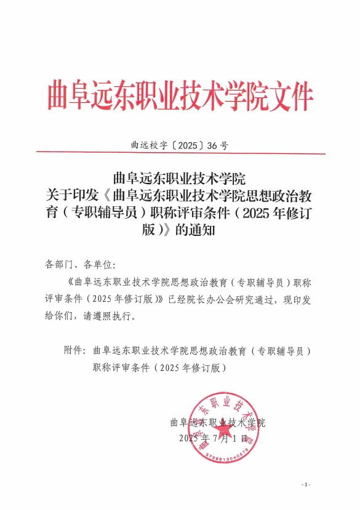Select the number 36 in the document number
[213, 146]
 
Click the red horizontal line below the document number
[180, 153]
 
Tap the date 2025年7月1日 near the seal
[213, 439]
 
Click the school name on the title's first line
[180, 180]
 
